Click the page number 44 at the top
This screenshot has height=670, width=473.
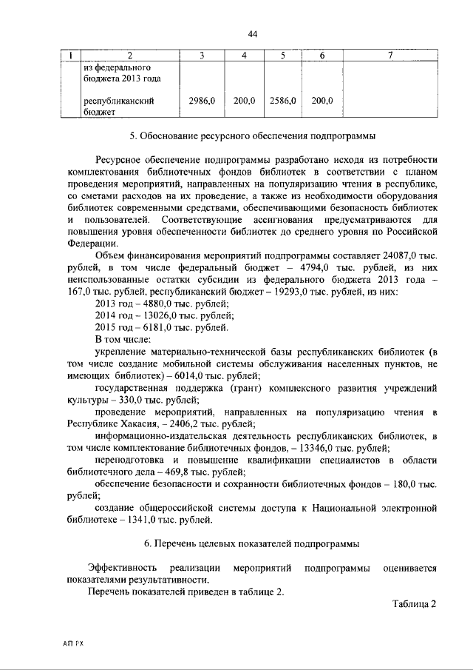click(252, 35)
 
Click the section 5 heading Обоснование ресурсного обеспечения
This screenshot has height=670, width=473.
click(252, 136)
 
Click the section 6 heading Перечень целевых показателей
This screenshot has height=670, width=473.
click(252, 544)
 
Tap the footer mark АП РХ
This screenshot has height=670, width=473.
click(74, 645)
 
